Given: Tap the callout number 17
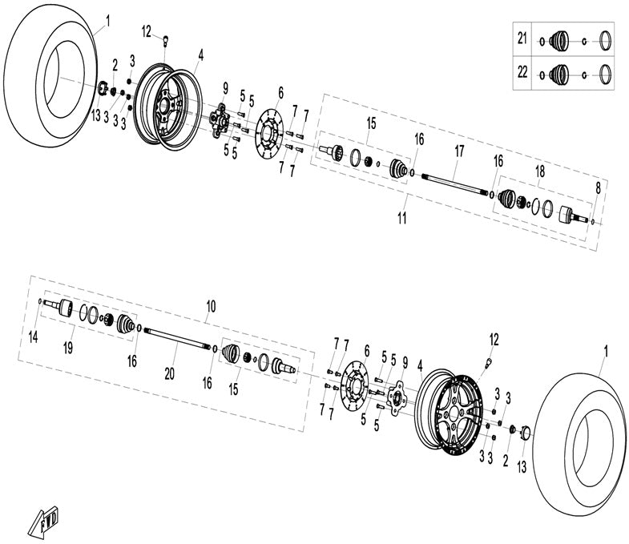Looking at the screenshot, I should click(x=459, y=150).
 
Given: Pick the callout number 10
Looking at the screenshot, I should click(x=212, y=306).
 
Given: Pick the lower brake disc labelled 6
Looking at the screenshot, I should click(x=353, y=388).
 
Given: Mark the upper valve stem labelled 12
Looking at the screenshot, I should click(x=164, y=38).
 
